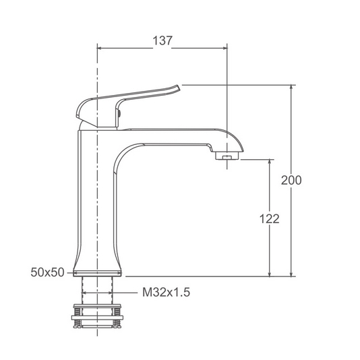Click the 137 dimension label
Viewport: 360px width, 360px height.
point(162,41)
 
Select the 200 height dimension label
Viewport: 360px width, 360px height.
point(291,180)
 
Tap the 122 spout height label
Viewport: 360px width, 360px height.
point(269,219)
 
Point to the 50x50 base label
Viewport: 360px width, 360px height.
point(47,272)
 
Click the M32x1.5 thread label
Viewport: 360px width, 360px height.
point(167,293)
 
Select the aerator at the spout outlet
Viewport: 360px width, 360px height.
point(227,156)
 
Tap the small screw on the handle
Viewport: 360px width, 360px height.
point(119,113)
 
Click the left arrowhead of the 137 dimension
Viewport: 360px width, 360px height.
point(100,48)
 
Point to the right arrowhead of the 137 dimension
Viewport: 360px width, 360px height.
point(224,48)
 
